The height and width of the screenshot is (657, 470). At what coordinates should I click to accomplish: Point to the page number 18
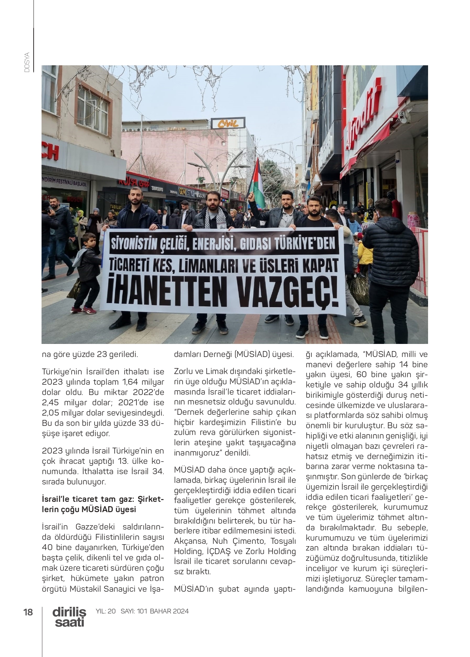pos(28,612)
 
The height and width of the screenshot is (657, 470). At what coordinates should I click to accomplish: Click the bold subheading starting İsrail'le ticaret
pos(102,504)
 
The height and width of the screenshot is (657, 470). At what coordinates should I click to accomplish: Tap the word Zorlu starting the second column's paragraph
pos(183,372)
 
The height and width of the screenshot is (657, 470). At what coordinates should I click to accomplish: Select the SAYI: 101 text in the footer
pos(134,611)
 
